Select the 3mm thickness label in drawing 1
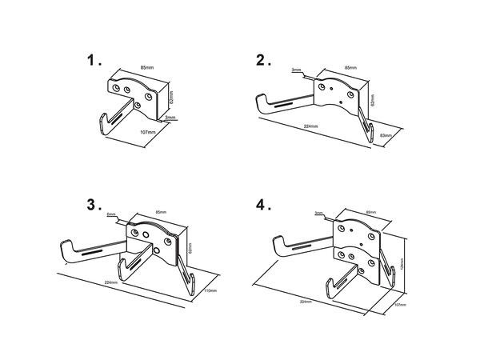[170, 118]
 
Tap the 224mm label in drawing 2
[311, 126]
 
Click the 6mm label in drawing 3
[112, 214]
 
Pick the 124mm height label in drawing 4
[400, 262]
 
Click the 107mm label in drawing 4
[400, 305]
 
